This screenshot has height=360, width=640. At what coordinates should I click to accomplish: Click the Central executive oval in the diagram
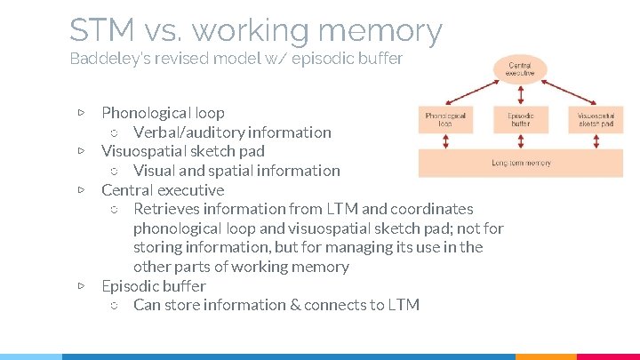[521, 69]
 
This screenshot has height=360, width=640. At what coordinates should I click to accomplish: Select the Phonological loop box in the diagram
[445, 120]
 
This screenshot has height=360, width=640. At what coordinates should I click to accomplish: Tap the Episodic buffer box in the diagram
[521, 120]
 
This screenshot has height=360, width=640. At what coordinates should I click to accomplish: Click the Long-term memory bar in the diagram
[521, 163]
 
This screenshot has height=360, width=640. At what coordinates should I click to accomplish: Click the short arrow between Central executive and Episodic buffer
[521, 96]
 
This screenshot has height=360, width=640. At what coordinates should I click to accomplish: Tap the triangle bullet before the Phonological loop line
[81, 113]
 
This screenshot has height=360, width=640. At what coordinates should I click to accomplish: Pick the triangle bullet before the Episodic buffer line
[81, 286]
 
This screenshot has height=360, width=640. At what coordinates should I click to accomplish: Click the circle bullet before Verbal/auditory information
[113, 132]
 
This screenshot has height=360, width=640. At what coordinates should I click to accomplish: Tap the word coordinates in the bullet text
[431, 209]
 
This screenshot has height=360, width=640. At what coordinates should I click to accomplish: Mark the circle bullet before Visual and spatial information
[113, 171]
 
